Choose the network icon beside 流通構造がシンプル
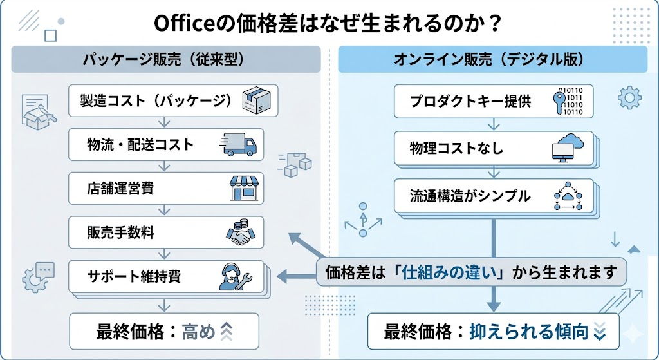[567, 196]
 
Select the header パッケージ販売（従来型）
[165, 60]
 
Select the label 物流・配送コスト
[140, 145]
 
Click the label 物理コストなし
[456, 149]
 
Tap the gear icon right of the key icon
[629, 98]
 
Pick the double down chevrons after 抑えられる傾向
[599, 332]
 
